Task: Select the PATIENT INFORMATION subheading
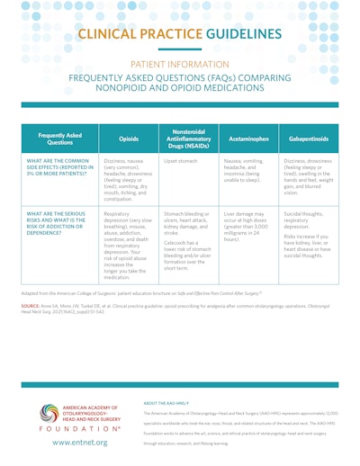tap(180, 66)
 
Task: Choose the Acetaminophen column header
tap(238, 139)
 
